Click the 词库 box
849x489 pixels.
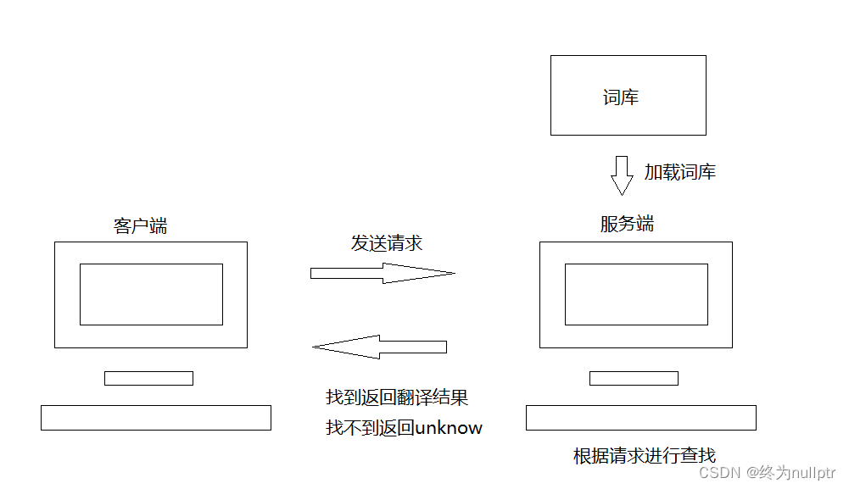[x=628, y=95]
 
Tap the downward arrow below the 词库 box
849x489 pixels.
[x=623, y=175]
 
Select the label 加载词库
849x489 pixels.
[x=679, y=172]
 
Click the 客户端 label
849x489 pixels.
[x=140, y=225]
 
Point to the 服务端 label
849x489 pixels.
[x=627, y=224]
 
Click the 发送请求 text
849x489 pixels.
[x=387, y=243]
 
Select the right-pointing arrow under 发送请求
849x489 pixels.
[x=383, y=273]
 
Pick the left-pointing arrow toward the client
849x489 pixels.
[x=379, y=346]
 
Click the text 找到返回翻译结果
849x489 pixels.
[x=397, y=397]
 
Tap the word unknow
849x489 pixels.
[x=449, y=428]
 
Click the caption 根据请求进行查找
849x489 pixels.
[x=645, y=455]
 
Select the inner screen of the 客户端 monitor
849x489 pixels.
[x=151, y=294]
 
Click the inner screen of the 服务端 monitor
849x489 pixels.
[x=636, y=294]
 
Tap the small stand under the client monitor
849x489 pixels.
[x=148, y=378]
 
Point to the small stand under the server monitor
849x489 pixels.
[x=634, y=378]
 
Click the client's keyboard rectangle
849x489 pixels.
[x=156, y=417]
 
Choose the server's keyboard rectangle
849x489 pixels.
[x=640, y=417]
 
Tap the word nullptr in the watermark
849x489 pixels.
[x=812, y=472]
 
